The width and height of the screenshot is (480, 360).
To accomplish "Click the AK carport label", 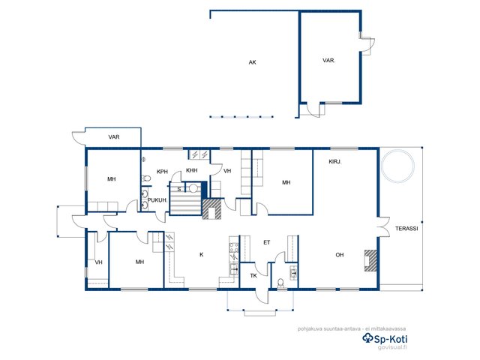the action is click(x=252, y=62).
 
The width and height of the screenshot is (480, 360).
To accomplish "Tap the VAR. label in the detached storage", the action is click(x=328, y=61).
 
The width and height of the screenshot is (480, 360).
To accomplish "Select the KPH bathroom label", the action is click(x=162, y=172).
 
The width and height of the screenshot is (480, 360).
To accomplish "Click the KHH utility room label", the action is click(x=192, y=170).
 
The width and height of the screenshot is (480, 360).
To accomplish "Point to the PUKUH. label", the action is click(x=157, y=200).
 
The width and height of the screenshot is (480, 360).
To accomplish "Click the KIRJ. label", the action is click(x=335, y=162).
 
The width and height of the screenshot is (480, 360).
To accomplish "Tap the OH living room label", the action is click(x=340, y=255).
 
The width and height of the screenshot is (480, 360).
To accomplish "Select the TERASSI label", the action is click(x=406, y=228).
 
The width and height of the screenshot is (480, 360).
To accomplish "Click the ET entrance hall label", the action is click(x=267, y=242).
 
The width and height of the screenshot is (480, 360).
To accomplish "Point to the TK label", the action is click(x=253, y=276).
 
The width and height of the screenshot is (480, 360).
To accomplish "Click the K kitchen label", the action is click(x=202, y=254).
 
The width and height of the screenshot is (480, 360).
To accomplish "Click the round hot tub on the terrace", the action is click(x=397, y=166).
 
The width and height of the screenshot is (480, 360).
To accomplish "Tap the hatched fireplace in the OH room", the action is click(x=370, y=260).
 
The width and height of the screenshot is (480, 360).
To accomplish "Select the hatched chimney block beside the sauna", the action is click(x=211, y=209).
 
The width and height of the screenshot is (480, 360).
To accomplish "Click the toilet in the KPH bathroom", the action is click(x=146, y=178).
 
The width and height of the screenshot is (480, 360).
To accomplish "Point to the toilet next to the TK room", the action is click(x=280, y=283).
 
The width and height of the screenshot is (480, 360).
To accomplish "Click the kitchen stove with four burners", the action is click(x=234, y=247).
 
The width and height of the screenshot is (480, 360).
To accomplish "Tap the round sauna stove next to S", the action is click(x=193, y=188).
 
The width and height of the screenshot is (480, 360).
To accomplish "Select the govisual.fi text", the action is click(x=392, y=348).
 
